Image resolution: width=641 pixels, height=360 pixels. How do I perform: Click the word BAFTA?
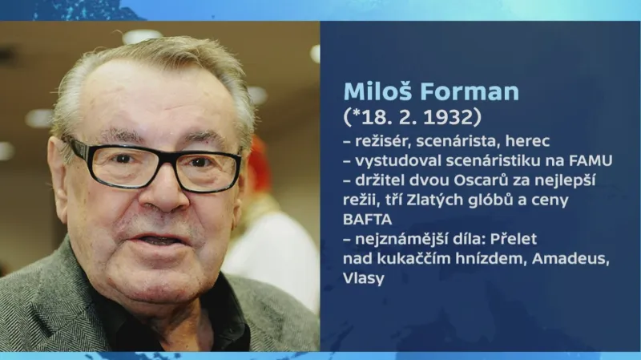pyautogui.click(x=365, y=219)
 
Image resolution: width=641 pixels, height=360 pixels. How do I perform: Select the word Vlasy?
pyautogui.click(x=363, y=278)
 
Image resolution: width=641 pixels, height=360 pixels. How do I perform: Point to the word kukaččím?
pyautogui.click(x=413, y=258)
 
